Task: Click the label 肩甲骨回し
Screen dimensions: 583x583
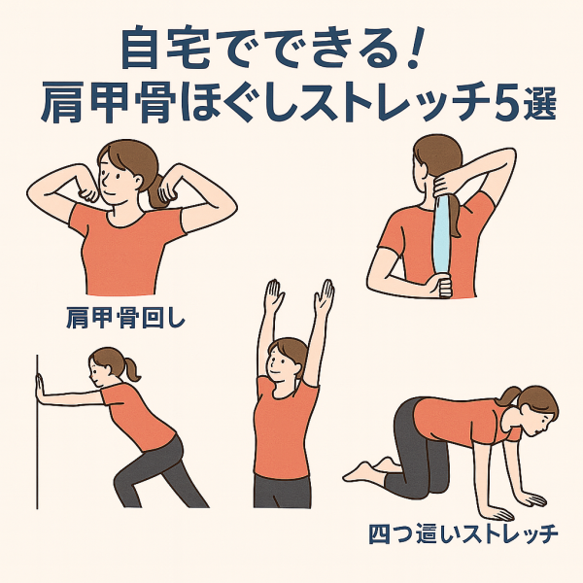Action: [x=125, y=318]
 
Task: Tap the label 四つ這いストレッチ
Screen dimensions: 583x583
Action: [x=463, y=533]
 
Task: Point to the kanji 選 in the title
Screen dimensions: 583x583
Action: [x=540, y=103]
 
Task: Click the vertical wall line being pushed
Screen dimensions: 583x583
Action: [x=37, y=431]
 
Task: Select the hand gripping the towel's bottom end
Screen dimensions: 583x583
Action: [x=440, y=285]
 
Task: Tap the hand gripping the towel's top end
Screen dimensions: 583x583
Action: [x=446, y=184]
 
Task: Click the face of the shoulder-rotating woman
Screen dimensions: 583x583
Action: [x=115, y=183]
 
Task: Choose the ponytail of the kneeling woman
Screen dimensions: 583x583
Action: [x=508, y=396]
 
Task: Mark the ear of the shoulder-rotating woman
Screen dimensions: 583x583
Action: [x=138, y=181]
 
